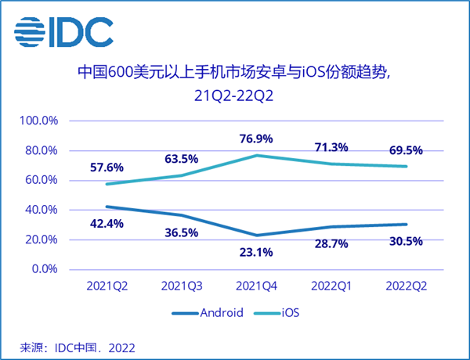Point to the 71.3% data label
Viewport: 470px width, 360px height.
[332, 146]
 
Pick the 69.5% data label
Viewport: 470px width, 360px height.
[407, 149]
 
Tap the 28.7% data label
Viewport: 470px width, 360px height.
[332, 245]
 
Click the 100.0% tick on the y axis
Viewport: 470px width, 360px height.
[40, 121]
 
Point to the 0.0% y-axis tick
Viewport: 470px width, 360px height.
[43, 269]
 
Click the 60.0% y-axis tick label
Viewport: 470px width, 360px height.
[42, 181]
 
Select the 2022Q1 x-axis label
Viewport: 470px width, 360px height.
[332, 286]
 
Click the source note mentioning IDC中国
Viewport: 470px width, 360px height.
[70, 345]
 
